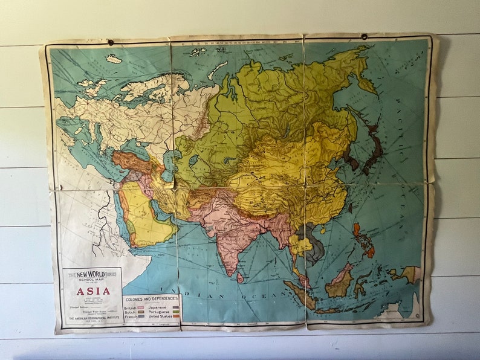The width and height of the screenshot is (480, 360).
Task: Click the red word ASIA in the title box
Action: (x=92, y=291)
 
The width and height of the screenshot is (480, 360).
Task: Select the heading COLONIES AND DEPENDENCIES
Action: (x=151, y=298)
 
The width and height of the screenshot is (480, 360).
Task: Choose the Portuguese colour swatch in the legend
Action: (x=176, y=311)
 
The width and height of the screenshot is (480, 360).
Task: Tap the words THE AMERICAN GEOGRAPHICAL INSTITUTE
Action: (x=92, y=321)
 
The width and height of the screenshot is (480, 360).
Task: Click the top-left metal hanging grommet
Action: (x=111, y=42)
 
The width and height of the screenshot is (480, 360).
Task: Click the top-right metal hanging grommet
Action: (x=364, y=37)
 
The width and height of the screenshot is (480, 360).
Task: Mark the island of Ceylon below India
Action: (x=240, y=277)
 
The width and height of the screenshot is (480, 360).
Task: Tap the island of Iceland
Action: (x=113, y=59)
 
